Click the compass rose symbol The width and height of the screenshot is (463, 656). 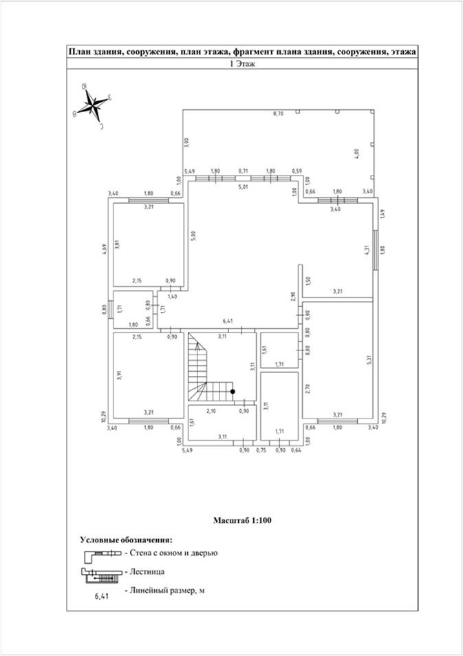click(92, 106)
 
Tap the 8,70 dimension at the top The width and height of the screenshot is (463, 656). click(278, 113)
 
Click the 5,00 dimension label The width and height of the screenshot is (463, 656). click(193, 235)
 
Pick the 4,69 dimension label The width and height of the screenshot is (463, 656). click(104, 249)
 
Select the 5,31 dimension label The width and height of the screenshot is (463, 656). click(369, 359)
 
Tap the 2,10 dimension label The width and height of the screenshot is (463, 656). click(211, 411)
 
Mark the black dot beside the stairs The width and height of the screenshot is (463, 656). click(233, 391)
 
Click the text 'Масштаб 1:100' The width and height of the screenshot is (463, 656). click(243, 520)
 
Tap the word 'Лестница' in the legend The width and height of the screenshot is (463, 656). click(147, 571)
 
